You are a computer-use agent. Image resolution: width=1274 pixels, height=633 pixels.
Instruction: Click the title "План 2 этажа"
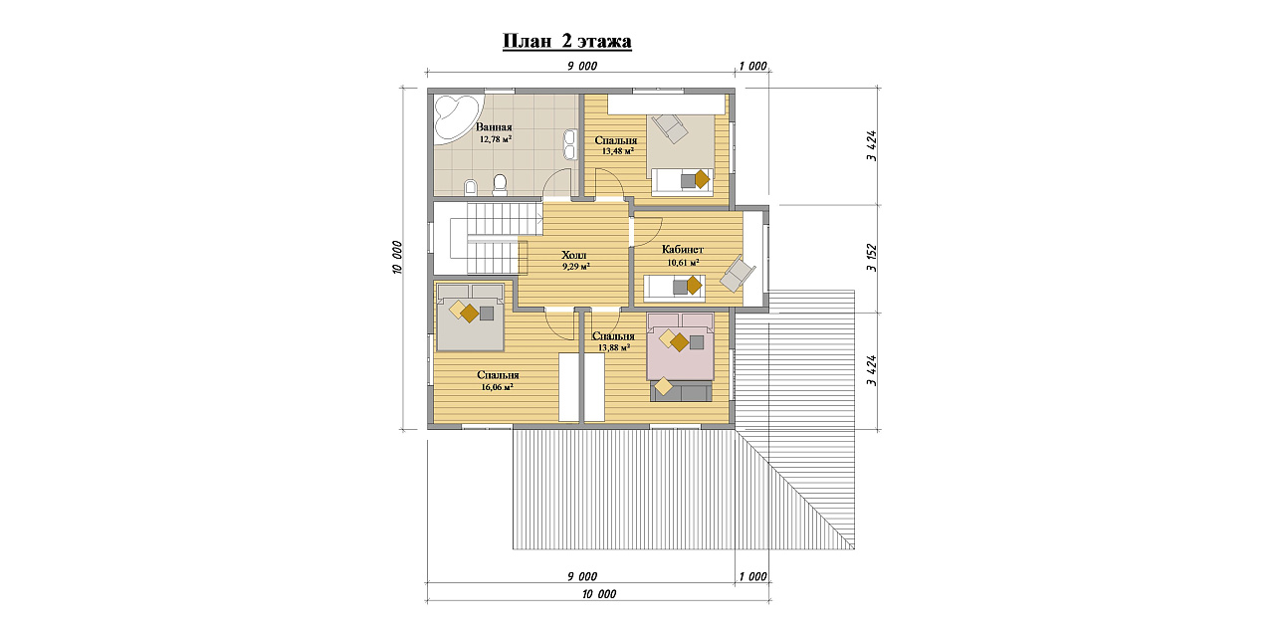pos(567,41)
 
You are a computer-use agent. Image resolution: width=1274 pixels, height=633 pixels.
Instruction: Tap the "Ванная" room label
pos(494,127)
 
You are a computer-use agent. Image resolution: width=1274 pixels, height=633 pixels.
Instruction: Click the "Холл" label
pos(574,255)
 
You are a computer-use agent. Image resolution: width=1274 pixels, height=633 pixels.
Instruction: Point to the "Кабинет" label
pos(683,250)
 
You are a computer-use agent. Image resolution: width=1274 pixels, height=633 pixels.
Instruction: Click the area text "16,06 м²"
pos(497,387)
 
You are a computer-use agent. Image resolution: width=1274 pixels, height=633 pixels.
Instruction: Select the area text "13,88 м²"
pos(614,347)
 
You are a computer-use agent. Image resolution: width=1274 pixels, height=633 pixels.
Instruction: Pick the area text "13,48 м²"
pos(618,151)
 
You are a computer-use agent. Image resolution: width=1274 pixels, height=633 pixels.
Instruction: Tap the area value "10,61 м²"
pos(683,263)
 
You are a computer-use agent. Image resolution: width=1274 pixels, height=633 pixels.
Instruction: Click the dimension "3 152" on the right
pos(872,258)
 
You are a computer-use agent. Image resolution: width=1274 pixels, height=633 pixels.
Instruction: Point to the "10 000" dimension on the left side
pos(397,257)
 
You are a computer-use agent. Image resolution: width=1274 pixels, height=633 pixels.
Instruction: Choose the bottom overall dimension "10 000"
pos(599,594)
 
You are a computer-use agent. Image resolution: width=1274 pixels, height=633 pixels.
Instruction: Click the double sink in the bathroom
pos(569,144)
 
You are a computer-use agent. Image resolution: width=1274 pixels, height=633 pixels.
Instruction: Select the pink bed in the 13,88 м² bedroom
pos(680,346)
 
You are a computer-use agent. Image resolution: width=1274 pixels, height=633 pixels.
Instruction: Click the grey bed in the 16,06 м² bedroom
pos(470,317)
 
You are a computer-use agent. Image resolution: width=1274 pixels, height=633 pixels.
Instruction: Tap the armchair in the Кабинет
pos(738,274)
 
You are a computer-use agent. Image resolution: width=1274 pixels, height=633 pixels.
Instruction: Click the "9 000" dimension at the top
pos(582,66)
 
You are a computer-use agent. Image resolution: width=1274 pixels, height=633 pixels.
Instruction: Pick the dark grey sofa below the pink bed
pos(681,392)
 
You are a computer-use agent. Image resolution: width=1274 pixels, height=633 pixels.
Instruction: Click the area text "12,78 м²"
pos(496,138)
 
